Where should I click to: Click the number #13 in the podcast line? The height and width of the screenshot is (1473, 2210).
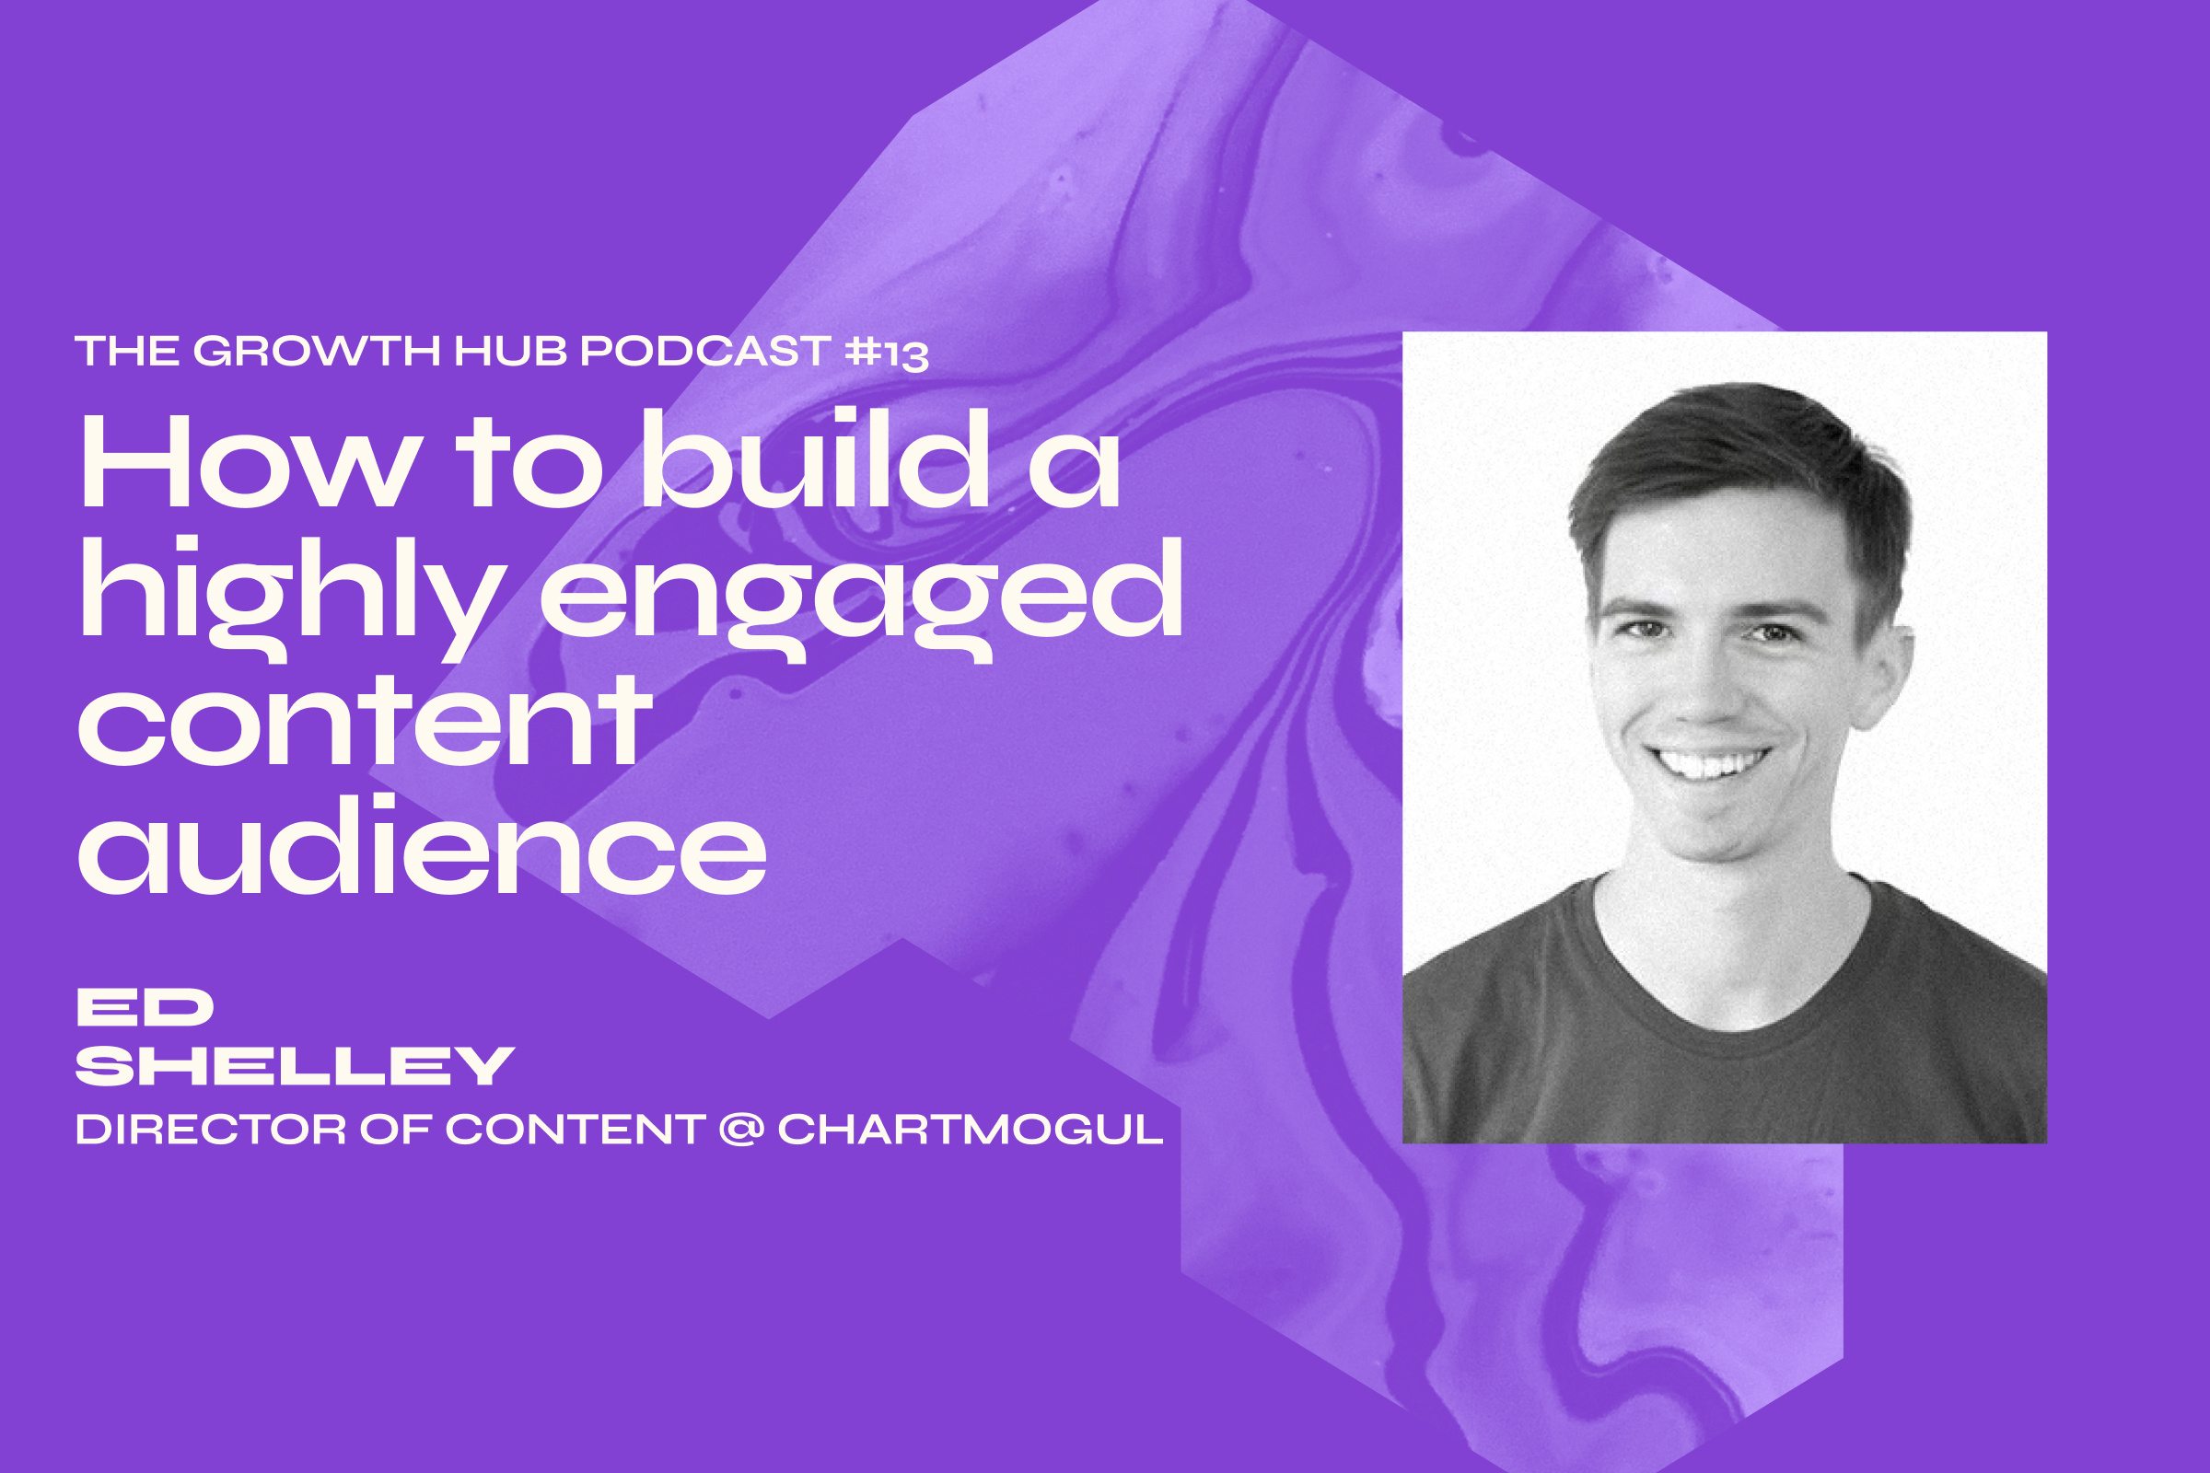coord(886,354)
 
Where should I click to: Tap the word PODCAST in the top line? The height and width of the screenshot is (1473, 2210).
coord(704,352)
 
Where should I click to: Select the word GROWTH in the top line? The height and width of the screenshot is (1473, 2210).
coord(317,352)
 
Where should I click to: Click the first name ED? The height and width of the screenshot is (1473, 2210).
coord(145,1008)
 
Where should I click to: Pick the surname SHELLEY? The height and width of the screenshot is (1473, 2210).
coord(294,1066)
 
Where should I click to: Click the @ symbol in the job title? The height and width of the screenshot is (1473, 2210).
coord(741,1129)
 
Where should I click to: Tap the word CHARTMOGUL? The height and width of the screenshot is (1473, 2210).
coord(971,1130)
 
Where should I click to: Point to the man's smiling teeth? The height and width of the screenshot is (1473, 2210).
coord(1707,762)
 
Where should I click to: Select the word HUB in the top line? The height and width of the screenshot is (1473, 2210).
coord(510,352)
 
